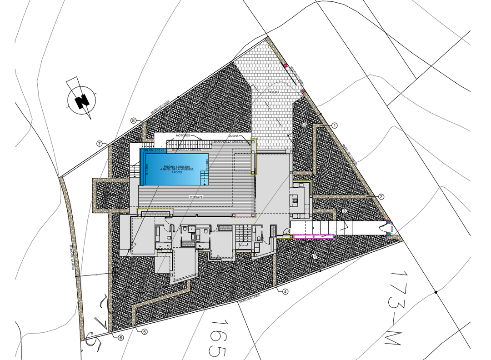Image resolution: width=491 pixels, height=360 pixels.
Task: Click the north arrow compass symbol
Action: click(82, 100)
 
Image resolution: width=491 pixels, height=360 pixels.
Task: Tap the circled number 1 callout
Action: click(335, 125)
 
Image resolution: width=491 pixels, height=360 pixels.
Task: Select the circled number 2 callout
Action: click(381, 197)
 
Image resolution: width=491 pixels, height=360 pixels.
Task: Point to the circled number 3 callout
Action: click(344, 211)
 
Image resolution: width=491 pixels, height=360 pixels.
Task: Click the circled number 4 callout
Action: click(285, 292)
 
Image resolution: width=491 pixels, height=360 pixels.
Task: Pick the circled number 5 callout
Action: click(144, 332)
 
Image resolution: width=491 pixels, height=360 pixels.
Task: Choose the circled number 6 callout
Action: click(121, 338)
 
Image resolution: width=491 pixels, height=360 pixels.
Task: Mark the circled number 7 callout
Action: click(99, 144)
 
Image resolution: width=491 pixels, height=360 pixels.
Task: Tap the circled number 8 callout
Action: click(133, 120)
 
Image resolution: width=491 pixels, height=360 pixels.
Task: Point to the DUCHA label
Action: click(234, 136)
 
